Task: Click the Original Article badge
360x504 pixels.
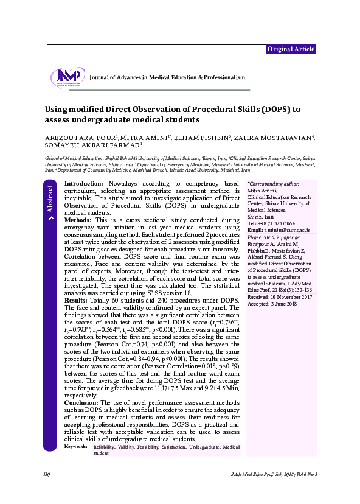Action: [291, 49]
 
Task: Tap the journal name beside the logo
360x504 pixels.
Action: [167, 77]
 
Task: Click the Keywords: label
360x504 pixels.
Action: [76, 447]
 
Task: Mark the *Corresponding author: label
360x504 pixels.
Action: [273, 183]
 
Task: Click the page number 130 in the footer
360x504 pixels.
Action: [46, 474]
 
